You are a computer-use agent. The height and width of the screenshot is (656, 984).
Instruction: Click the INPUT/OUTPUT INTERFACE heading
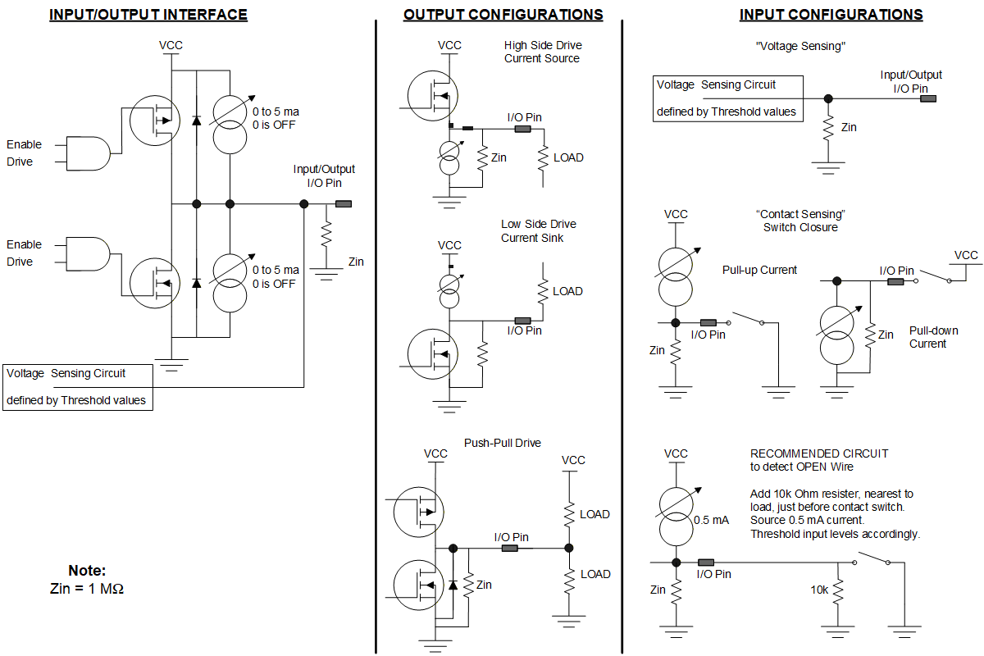click(148, 15)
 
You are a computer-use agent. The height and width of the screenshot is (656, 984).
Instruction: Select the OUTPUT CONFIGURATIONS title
click(503, 15)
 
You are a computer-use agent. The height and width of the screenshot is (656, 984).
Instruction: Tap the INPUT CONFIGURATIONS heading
click(831, 15)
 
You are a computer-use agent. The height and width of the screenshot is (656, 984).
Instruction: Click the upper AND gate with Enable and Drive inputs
click(89, 153)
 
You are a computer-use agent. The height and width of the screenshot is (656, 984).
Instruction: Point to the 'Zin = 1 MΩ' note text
click(87, 588)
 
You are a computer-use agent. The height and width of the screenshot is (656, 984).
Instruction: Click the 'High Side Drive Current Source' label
click(543, 52)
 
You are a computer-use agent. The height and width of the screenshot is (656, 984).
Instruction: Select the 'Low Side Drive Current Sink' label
click(539, 230)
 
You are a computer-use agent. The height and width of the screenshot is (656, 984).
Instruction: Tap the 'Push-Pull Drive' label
click(502, 443)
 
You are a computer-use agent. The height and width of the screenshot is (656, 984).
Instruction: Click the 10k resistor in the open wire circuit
click(838, 591)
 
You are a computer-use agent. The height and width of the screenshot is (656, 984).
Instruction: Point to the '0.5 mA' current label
click(711, 520)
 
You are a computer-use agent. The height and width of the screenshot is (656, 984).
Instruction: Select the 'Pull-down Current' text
click(933, 337)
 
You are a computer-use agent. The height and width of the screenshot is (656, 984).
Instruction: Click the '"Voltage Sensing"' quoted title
click(800, 46)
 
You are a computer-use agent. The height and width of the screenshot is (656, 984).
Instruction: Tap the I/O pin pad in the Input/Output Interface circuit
click(344, 204)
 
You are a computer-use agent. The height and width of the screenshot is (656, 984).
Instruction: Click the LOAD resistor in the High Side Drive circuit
click(544, 157)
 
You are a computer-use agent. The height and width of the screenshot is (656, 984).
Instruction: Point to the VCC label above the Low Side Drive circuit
click(449, 245)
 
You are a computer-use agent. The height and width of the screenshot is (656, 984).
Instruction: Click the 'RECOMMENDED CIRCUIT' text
click(819, 453)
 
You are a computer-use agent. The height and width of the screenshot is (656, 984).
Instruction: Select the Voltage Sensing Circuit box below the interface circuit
click(78, 387)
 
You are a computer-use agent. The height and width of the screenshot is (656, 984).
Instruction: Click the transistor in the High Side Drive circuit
click(433, 95)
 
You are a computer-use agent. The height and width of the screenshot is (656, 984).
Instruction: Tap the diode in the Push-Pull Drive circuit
click(453, 585)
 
